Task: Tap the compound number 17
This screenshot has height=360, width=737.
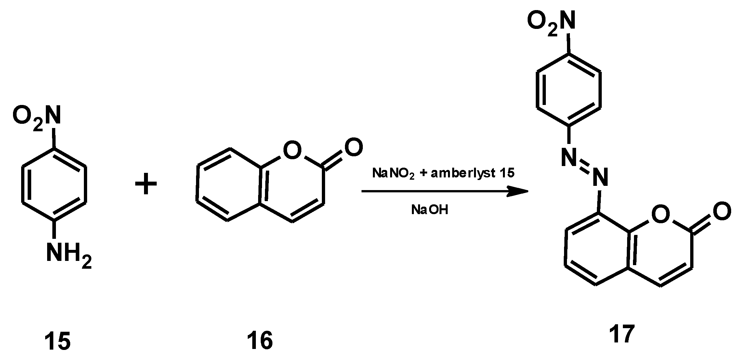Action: click(621, 334)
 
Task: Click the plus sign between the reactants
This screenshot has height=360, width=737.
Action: click(146, 184)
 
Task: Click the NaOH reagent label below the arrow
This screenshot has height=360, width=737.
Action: click(429, 210)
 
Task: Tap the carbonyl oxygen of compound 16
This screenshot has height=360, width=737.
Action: click(353, 147)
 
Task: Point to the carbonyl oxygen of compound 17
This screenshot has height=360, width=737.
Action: click(721, 212)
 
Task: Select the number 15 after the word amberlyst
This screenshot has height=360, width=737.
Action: click(508, 173)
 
